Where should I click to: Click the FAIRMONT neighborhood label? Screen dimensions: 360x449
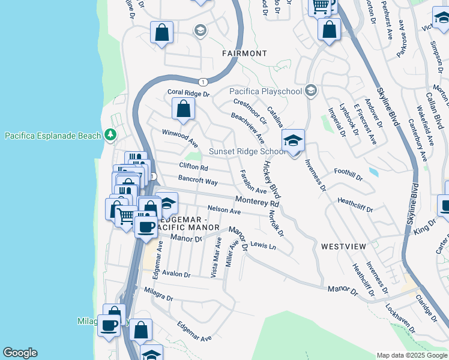(244, 53)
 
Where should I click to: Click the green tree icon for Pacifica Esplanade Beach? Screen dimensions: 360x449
(110, 135)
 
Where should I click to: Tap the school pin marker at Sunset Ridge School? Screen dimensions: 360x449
(294, 142)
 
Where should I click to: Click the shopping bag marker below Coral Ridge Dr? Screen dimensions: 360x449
(184, 110)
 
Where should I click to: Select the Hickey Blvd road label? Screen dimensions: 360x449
(271, 180)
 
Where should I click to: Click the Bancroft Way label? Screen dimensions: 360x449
(197, 180)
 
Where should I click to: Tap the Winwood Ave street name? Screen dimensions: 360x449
(179, 138)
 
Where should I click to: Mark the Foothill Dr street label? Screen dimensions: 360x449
(348, 175)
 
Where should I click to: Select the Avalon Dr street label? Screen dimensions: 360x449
(175, 274)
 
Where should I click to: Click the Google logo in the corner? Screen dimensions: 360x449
(20, 353)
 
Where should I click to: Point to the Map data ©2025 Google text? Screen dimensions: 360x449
(411, 355)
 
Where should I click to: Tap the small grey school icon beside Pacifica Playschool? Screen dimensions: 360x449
(310, 91)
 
